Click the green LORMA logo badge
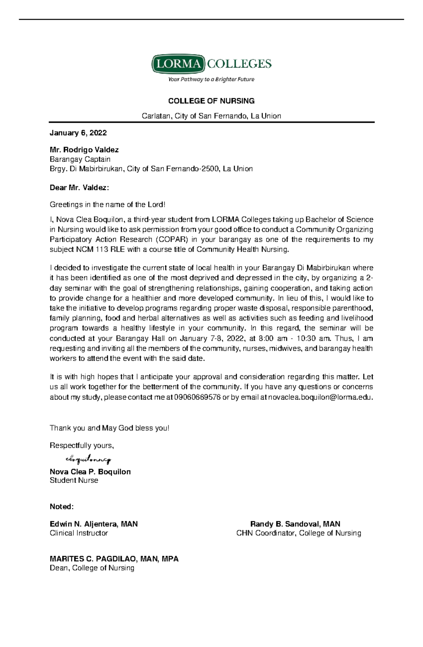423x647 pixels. click(x=178, y=64)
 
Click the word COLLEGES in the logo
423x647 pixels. click(x=239, y=64)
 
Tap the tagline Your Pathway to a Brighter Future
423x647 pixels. click(x=211, y=79)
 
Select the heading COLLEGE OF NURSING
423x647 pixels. click(x=211, y=101)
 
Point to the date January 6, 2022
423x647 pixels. click(x=78, y=133)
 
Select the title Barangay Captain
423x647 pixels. click(x=80, y=159)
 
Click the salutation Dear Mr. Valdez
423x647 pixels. click(x=79, y=188)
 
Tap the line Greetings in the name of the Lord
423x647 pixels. click(x=107, y=205)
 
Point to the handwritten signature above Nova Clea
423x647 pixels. click(x=88, y=459)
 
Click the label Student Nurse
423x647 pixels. click(x=74, y=480)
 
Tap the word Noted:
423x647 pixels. click(x=62, y=507)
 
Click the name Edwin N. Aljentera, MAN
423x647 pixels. click(x=93, y=524)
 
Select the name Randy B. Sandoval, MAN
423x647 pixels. click(x=295, y=524)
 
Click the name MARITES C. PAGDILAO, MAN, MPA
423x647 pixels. click(x=114, y=559)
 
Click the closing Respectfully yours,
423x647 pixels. click(x=82, y=446)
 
